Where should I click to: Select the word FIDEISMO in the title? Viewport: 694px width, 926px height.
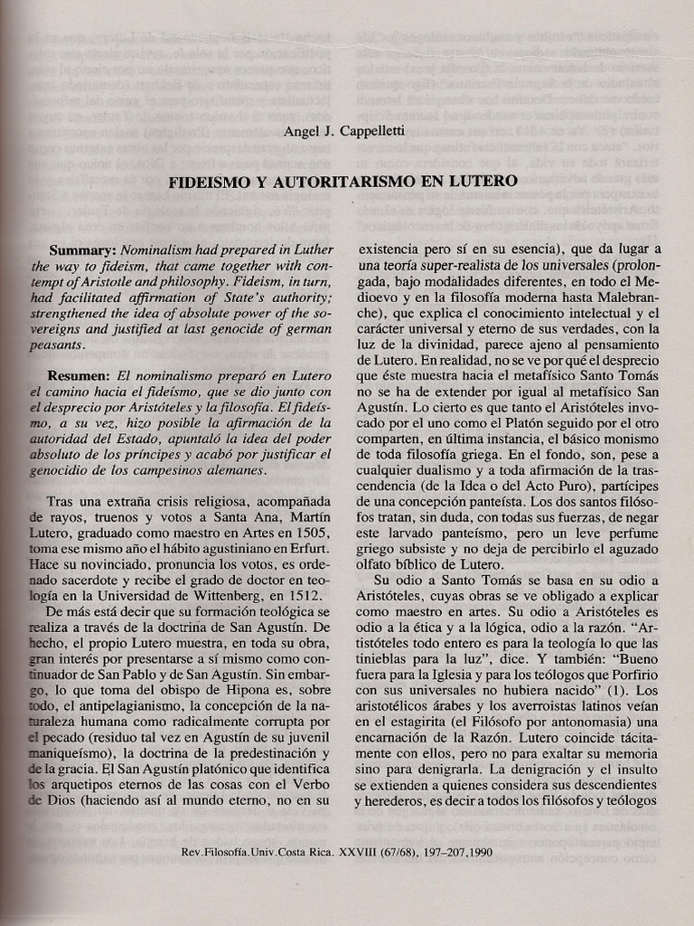(x=207, y=182)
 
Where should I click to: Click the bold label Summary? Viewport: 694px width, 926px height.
(x=83, y=250)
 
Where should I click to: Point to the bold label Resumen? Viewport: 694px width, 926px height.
(x=82, y=374)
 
